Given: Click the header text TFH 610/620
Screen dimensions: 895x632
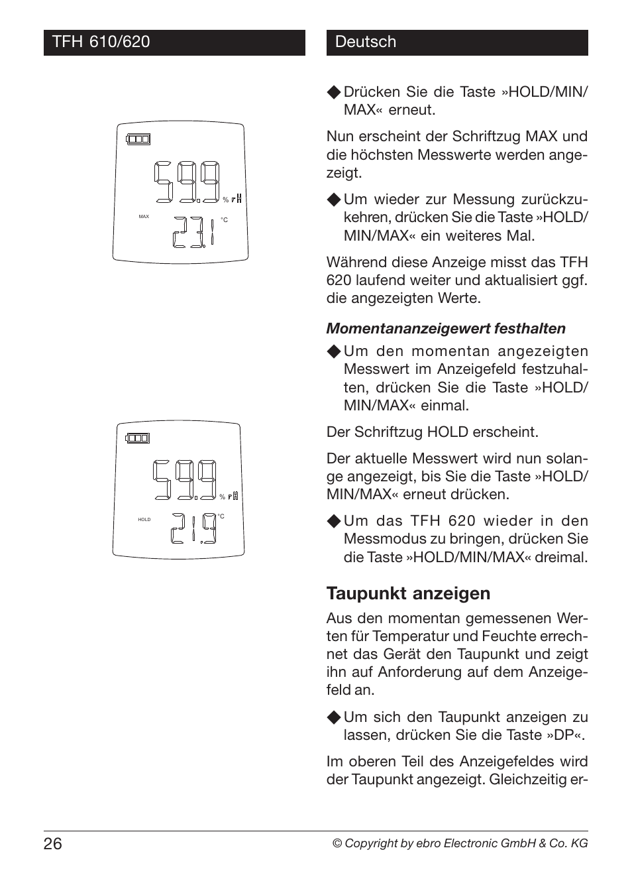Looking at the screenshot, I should [101, 42].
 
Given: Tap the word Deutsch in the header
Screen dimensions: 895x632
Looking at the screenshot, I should [365, 42].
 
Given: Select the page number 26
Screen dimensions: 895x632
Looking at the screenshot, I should [53, 843].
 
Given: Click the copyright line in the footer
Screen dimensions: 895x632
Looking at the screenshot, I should [460, 843].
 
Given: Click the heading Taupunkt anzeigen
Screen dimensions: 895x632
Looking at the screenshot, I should [408, 593].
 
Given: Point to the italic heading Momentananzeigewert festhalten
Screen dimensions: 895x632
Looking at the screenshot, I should [446, 328].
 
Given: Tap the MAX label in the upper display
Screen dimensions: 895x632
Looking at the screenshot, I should [144, 217].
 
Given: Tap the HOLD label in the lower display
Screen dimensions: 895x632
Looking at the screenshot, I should [144, 520].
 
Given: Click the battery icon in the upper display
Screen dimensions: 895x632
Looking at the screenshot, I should [138, 139].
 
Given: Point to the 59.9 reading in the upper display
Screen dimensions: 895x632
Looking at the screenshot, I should [188, 182].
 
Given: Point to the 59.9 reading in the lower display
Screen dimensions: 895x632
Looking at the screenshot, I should [185, 480].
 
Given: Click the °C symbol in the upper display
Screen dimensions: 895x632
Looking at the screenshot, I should [224, 220].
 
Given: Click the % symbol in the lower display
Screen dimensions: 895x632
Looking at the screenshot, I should [223, 497].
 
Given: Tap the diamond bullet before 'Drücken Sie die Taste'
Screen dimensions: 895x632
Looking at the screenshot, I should [334, 92].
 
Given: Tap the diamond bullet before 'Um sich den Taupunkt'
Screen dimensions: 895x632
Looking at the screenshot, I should [334, 717].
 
